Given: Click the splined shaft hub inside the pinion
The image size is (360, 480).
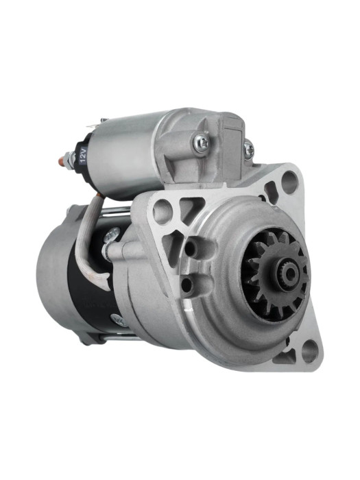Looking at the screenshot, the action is point(287,272).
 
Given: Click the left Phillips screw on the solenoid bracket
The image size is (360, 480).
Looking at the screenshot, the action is point(202,141).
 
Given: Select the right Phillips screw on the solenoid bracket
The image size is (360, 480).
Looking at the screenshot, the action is point(249,150).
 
